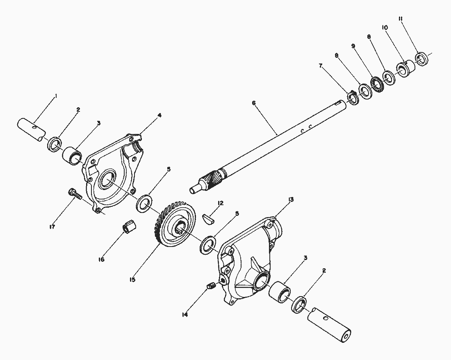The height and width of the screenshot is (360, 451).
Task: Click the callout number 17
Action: tap(52, 226)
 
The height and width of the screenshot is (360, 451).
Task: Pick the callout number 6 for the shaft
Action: tap(254, 103)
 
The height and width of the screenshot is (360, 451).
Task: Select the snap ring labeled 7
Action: tap(353, 98)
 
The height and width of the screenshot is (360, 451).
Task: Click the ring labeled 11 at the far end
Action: tap(422, 59)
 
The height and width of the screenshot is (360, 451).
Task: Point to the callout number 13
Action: tap(291, 199)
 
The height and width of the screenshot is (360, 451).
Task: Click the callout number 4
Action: tap(159, 115)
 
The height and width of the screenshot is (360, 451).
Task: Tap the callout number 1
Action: tap(56, 96)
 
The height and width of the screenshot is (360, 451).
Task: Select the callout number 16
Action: tap(101, 259)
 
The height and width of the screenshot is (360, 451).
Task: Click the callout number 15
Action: tap(132, 279)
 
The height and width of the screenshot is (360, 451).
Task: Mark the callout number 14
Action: tap(184, 315)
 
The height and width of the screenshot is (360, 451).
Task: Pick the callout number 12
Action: tap(221, 203)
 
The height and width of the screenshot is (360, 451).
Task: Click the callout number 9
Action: tap(353, 46)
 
